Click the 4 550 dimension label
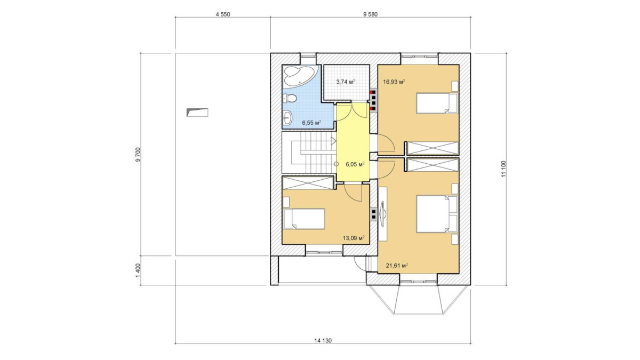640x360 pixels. (x=223, y=14)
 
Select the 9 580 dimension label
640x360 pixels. (x=370, y=14)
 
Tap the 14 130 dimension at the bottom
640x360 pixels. (x=323, y=341)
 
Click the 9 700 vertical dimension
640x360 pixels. (x=138, y=155)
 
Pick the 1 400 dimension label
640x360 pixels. (x=138, y=270)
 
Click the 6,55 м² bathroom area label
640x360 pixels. (x=311, y=123)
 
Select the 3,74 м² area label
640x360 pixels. (x=346, y=82)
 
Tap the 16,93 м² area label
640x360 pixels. (x=394, y=82)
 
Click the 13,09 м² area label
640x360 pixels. (x=354, y=238)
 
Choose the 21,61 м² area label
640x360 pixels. (x=397, y=266)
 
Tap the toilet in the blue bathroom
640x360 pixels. (x=290, y=99)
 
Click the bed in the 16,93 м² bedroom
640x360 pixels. (x=437, y=103)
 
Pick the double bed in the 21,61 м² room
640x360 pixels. (x=437, y=213)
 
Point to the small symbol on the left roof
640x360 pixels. (x=197, y=113)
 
